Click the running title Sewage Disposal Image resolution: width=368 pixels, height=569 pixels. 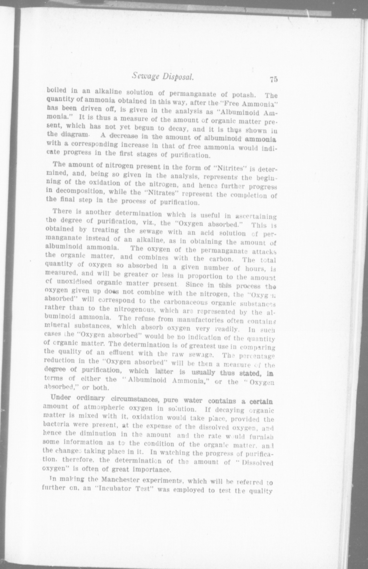tap(163, 76)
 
